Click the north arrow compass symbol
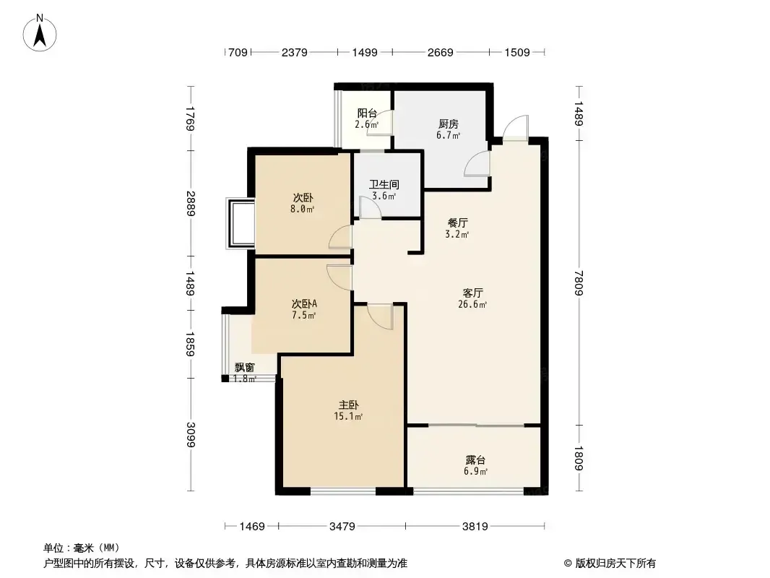click(40, 33)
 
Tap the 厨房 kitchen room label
click(449, 124)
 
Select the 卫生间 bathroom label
click(384, 185)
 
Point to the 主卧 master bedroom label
click(349, 405)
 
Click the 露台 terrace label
click(475, 460)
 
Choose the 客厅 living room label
click(472, 293)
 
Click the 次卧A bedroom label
click(305, 304)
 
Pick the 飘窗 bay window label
click(245, 367)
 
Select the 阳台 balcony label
click(367, 113)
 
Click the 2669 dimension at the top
click(440, 52)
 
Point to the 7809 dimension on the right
click(579, 282)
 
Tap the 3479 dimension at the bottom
click(342, 527)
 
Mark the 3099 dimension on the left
click(191, 435)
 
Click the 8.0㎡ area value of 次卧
click(303, 209)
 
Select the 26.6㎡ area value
click(472, 304)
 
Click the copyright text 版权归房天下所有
click(615, 564)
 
